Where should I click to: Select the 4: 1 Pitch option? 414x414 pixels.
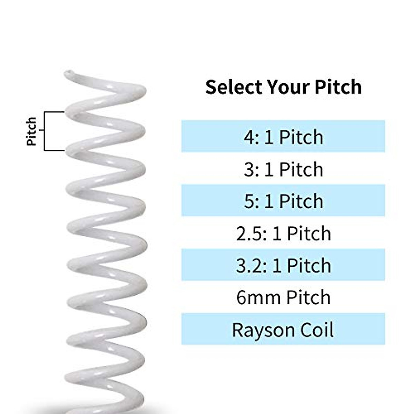pos(283,137)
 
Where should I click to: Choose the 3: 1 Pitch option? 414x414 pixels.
pos(283,169)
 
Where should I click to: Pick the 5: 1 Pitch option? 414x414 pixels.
pos(283,201)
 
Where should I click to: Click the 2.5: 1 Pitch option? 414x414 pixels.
pos(283,233)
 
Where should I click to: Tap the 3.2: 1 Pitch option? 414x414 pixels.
pos(283,265)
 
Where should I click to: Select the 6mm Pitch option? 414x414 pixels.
pos(283,297)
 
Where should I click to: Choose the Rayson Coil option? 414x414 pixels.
pos(283,329)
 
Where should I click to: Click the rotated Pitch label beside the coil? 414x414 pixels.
pos(31,131)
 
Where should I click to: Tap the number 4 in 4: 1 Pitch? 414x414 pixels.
pos(249,137)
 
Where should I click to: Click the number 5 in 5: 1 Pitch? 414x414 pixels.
pos(249,201)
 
